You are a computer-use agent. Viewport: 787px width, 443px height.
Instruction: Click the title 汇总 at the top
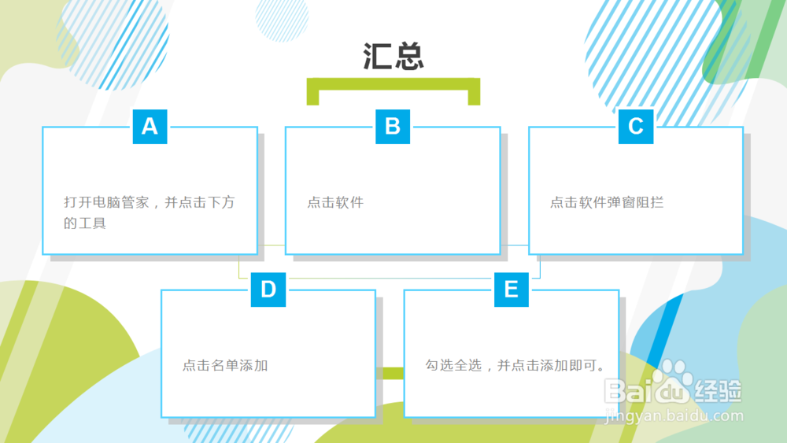click(393, 56)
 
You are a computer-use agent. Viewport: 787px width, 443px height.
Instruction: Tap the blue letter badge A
click(150, 127)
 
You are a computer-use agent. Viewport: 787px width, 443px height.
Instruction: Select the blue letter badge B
click(393, 127)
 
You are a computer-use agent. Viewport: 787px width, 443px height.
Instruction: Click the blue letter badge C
click(636, 127)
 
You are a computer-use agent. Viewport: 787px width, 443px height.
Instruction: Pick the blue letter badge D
click(268, 290)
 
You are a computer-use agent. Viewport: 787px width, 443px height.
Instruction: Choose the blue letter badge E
click(512, 290)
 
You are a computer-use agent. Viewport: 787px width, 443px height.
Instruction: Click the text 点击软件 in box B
click(335, 202)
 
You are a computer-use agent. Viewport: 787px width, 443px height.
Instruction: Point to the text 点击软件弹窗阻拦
click(607, 202)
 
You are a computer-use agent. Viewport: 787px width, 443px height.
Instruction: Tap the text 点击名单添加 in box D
click(225, 365)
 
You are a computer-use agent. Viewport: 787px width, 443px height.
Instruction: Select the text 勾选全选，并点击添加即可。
click(515, 365)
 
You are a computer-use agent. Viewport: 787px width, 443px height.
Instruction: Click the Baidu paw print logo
click(674, 377)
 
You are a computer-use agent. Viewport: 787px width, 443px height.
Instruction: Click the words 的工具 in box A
click(85, 223)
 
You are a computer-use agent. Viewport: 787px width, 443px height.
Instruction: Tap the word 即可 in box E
click(582, 365)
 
